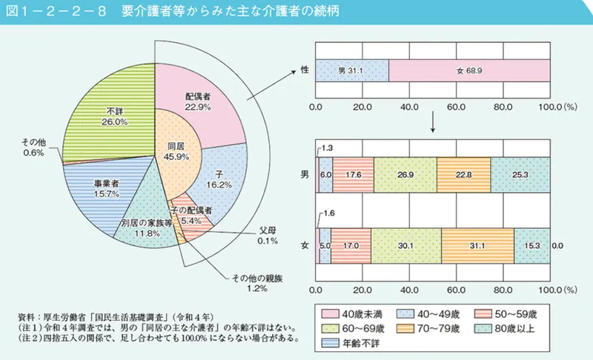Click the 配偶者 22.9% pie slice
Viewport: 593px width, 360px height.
coord(199,102)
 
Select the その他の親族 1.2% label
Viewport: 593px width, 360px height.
coord(245,283)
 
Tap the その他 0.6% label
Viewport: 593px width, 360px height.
coord(34,147)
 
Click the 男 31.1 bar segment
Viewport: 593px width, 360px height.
coord(352,71)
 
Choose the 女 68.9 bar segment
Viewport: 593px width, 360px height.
coord(469,71)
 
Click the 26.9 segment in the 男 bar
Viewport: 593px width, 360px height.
coord(405,176)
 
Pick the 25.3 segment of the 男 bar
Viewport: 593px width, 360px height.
coord(520,176)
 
